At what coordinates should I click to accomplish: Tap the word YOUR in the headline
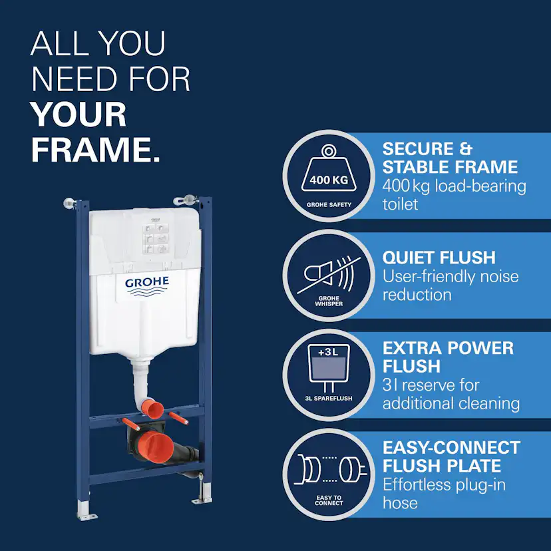(79, 114)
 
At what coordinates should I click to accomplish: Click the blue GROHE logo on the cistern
(147, 285)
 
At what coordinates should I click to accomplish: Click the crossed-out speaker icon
(329, 275)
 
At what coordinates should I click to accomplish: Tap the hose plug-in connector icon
(330, 470)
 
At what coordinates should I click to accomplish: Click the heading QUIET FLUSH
(439, 258)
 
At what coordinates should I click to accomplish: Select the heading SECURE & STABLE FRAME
(450, 158)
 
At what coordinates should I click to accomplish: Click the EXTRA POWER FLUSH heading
(448, 357)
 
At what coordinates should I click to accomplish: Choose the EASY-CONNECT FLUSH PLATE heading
(451, 457)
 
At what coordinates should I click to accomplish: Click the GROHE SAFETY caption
(329, 204)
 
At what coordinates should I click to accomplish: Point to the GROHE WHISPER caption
(329, 301)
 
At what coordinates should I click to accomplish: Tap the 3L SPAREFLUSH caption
(329, 398)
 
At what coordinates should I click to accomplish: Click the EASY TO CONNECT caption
(329, 500)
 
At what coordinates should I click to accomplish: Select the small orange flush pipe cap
(152, 409)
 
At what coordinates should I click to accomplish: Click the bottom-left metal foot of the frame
(85, 510)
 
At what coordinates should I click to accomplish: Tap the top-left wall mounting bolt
(70, 203)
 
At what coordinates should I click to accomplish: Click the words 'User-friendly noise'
(451, 277)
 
